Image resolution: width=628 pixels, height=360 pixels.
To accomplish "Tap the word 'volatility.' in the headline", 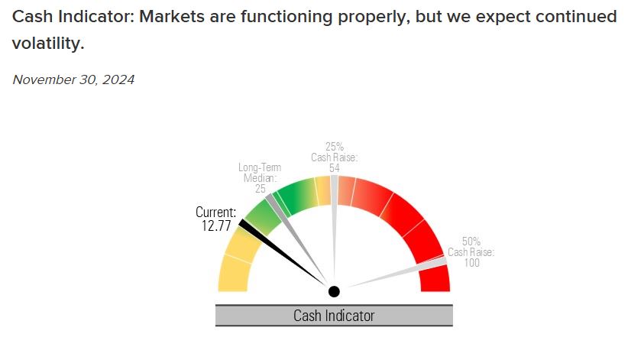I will click(47, 44).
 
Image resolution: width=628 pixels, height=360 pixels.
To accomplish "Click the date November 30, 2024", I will click(73, 79).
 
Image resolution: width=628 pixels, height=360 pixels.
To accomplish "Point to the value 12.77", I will click(214, 225).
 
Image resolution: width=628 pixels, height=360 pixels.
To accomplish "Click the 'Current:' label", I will click(216, 212).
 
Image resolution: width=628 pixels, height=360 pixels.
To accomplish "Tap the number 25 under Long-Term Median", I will click(261, 189).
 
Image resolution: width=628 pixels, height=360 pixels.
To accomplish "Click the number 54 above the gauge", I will click(334, 168).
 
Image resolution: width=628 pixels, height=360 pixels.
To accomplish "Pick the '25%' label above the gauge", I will click(334, 147).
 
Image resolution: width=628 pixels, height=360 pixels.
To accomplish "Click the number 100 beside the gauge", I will click(471, 263).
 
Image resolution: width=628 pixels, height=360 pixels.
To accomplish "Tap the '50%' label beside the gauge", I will click(471, 241).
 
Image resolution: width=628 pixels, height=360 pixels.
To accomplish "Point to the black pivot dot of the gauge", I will click(334, 291).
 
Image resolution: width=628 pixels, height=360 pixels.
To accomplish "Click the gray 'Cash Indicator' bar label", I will click(334, 315).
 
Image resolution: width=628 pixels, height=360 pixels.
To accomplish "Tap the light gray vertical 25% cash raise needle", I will click(334, 229).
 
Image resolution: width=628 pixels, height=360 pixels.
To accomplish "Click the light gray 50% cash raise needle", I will click(397, 273).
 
